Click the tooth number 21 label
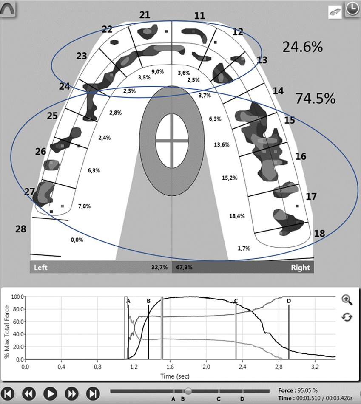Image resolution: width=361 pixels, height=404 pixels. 145,15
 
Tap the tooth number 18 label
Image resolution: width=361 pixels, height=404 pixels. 320,233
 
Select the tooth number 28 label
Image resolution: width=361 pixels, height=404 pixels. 20,229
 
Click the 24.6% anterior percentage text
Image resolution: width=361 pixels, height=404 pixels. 302,48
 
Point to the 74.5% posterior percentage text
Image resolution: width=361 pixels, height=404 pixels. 315,99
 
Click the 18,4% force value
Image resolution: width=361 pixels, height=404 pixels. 237,216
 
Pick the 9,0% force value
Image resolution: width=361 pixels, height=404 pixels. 158,72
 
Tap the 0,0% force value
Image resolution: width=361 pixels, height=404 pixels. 77,240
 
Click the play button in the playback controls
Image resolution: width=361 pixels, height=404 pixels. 50,393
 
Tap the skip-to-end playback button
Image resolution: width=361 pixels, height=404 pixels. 93,393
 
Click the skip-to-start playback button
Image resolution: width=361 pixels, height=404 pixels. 9,393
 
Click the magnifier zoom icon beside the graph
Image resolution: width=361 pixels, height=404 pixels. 347,300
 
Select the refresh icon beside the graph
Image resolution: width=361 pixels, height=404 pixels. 347,317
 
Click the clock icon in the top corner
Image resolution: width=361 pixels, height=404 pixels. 352,9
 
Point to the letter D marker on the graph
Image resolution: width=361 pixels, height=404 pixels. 289,301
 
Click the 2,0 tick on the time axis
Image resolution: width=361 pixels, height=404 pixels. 206,366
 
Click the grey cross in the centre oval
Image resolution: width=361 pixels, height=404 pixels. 172,141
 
